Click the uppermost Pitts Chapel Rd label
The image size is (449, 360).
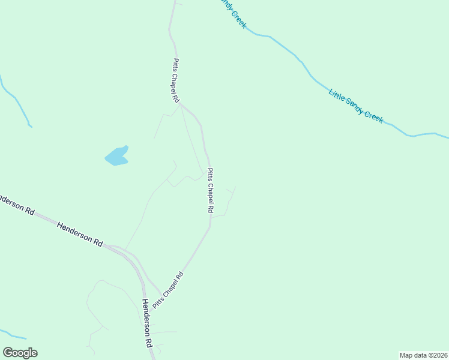click(176, 80)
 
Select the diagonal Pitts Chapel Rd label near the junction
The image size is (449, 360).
click(167, 290)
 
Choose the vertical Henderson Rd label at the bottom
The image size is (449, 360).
click(146, 325)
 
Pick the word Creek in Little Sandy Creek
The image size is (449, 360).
click(374, 118)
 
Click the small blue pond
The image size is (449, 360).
click(117, 156)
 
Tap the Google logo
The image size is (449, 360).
click(20, 353)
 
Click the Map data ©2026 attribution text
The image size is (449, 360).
click(423, 355)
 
